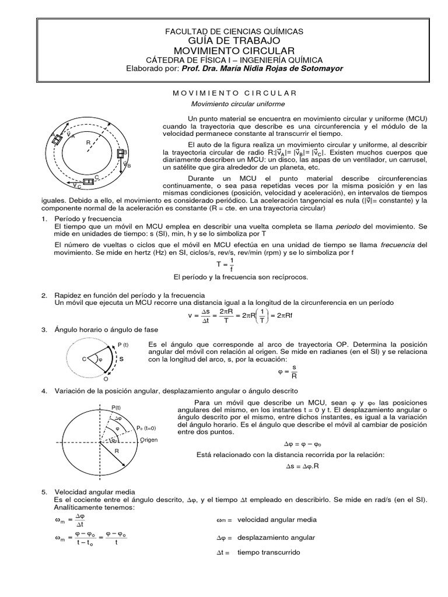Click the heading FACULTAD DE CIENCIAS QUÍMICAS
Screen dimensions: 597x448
(235, 31)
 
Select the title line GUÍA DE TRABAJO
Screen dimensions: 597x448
(235, 40)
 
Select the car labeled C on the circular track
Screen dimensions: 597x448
(89, 182)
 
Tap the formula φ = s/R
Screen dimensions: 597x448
(289, 370)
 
